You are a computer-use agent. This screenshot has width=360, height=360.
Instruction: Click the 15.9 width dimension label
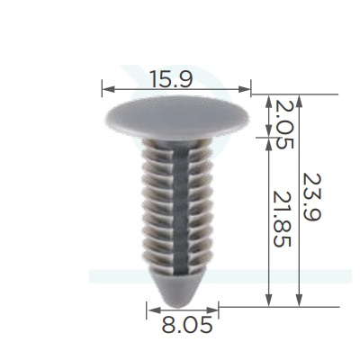[171, 79]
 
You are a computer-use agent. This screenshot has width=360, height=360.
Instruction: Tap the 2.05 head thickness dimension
[283, 124]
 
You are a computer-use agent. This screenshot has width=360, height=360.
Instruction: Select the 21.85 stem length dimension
[283, 219]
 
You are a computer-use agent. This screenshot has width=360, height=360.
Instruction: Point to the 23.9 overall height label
[312, 197]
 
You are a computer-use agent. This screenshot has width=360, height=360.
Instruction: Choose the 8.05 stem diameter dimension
[186, 325]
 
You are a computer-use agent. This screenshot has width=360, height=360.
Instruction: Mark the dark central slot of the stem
[181, 210]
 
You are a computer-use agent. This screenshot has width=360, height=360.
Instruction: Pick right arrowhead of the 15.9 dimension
[244, 89]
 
